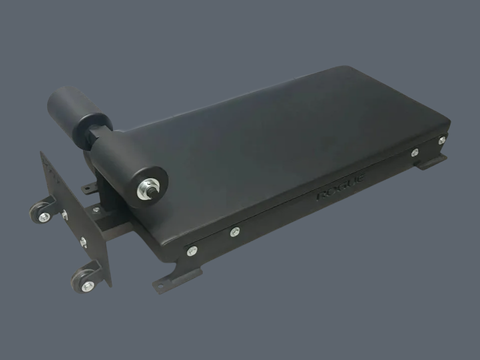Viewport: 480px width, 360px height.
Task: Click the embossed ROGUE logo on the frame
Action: (341, 187)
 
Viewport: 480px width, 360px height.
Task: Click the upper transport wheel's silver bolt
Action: (44, 216)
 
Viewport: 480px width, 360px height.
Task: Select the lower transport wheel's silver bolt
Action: (87, 286)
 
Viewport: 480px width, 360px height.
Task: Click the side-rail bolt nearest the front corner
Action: (192, 250)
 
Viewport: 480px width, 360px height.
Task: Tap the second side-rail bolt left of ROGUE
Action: (235, 231)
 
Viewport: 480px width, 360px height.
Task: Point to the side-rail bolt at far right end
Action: (441, 140)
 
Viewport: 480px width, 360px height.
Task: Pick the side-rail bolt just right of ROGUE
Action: (415, 152)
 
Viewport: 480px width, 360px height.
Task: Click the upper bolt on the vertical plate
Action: (64, 214)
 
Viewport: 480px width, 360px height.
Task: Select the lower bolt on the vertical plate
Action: (83, 242)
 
